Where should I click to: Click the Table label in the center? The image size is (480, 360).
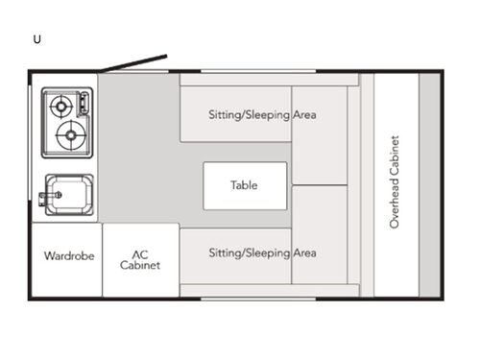(244, 185)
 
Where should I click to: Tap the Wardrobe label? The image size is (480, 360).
(68, 256)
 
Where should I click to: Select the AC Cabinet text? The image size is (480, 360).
(140, 259)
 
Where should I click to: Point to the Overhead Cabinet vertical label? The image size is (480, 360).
(395, 182)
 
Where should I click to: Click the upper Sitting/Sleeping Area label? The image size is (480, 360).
(262, 114)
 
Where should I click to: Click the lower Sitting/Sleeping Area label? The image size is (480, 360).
(262, 253)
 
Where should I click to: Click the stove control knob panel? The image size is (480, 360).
(86, 104)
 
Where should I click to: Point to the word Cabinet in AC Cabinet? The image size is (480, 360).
(140, 266)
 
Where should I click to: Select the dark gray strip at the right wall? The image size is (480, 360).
(429, 182)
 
